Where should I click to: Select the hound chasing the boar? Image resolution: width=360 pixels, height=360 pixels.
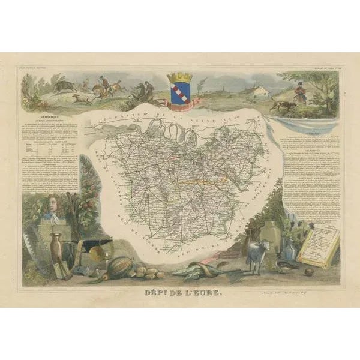point(77,96)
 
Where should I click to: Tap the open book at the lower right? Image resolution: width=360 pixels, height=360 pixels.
point(317,243)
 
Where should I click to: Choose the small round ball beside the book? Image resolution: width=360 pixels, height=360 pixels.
point(308,271)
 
